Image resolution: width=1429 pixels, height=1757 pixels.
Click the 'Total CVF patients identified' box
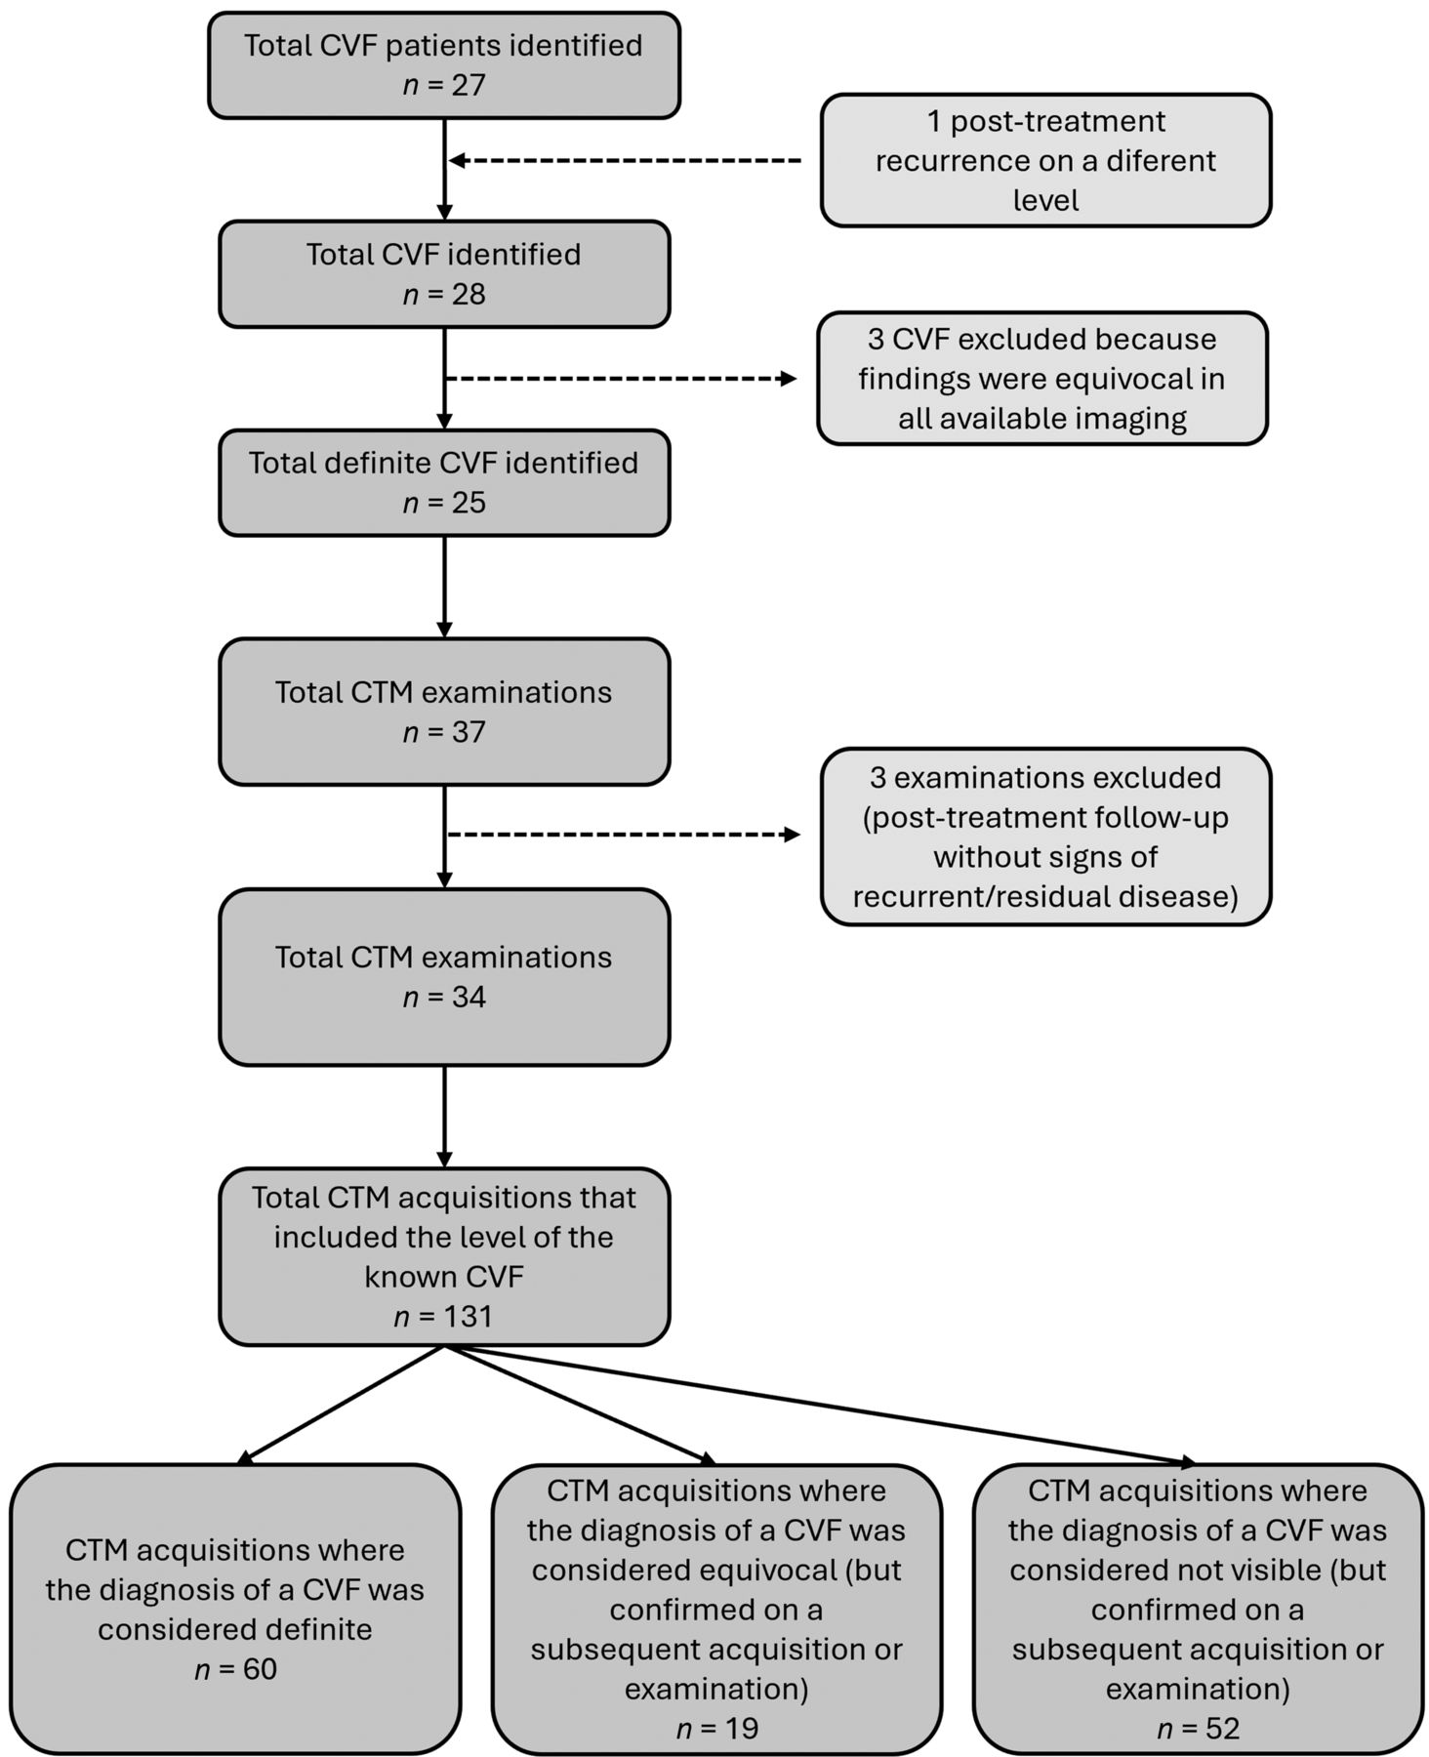tap(444, 65)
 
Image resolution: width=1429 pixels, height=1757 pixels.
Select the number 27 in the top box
tap(469, 85)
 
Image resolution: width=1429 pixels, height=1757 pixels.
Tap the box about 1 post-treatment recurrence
tap(1045, 160)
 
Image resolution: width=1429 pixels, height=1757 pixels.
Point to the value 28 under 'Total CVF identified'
tap(469, 294)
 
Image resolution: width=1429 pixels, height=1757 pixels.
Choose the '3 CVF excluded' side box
tap(1042, 379)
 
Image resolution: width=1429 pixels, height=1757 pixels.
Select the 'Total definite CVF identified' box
tap(444, 483)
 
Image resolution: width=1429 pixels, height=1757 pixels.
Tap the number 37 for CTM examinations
tap(469, 732)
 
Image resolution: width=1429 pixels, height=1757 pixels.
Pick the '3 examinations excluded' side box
tap(1045, 837)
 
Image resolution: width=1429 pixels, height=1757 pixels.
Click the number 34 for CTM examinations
tap(469, 997)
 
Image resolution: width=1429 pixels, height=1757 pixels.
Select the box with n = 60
tap(235, 1609)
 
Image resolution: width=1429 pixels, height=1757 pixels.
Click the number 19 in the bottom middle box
tap(742, 1729)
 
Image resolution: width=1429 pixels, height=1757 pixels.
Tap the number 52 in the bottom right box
tap(1223, 1729)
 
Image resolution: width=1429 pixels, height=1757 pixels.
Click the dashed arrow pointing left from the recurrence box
tap(625, 160)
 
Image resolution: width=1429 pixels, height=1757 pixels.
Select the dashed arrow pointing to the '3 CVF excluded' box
tap(622, 379)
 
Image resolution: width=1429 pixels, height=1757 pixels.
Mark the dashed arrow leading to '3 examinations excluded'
tap(623, 835)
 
